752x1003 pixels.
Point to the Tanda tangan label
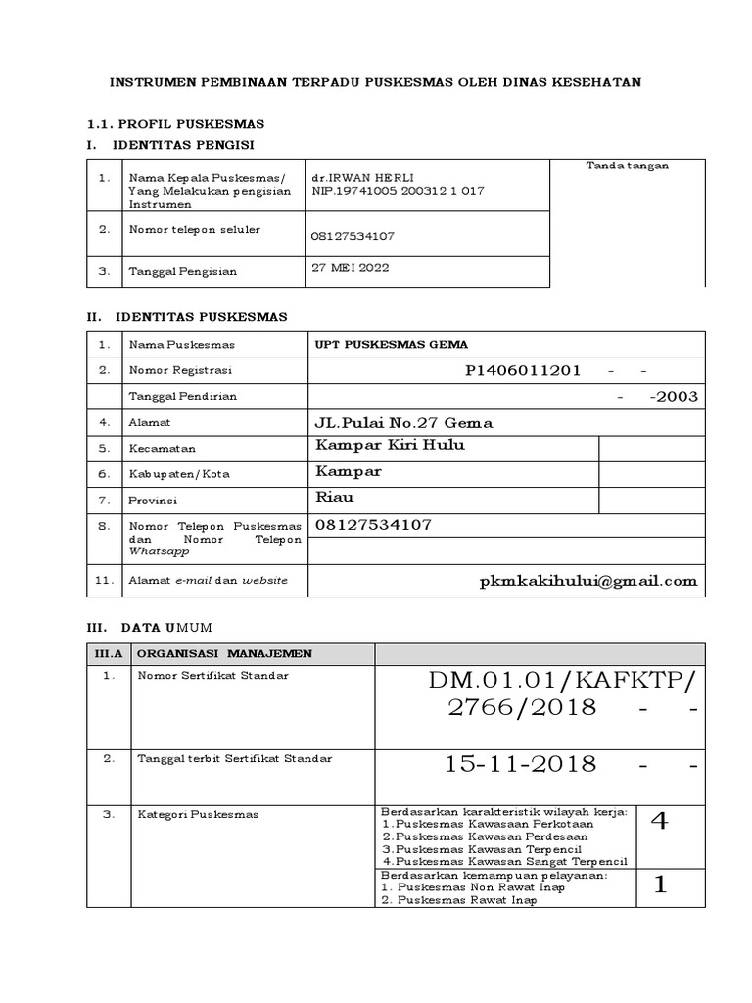627,166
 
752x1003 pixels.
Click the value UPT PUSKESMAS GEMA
390,344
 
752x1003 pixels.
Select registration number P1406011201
524,371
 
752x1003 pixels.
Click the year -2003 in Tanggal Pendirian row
673,397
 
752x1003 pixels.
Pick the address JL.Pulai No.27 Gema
402,423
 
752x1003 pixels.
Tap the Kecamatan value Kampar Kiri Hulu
389,447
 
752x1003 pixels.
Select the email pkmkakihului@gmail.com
588,581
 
